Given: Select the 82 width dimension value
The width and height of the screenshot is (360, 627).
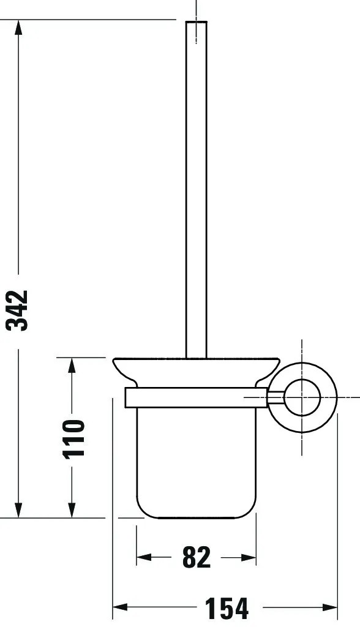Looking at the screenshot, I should point(197,557).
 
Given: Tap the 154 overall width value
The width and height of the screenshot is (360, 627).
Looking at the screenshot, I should point(227,608).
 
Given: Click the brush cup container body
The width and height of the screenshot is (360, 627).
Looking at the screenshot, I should point(196,459).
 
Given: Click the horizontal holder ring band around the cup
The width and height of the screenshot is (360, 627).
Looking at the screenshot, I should point(196,397).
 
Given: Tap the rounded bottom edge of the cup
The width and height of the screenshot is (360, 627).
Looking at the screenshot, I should point(196,516).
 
